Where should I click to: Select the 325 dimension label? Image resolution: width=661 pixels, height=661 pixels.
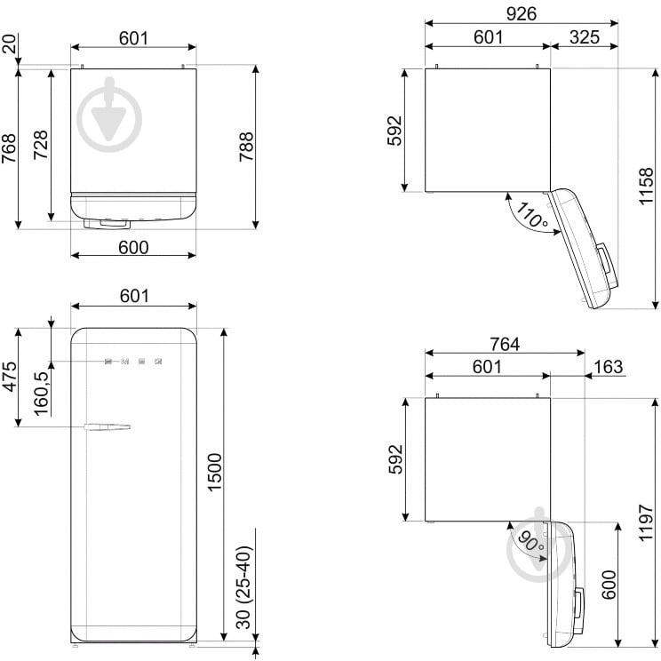[x=584, y=37]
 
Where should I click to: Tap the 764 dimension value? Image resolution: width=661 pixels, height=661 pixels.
[x=504, y=343]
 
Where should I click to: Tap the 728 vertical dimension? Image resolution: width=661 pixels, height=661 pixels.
[x=41, y=144]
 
